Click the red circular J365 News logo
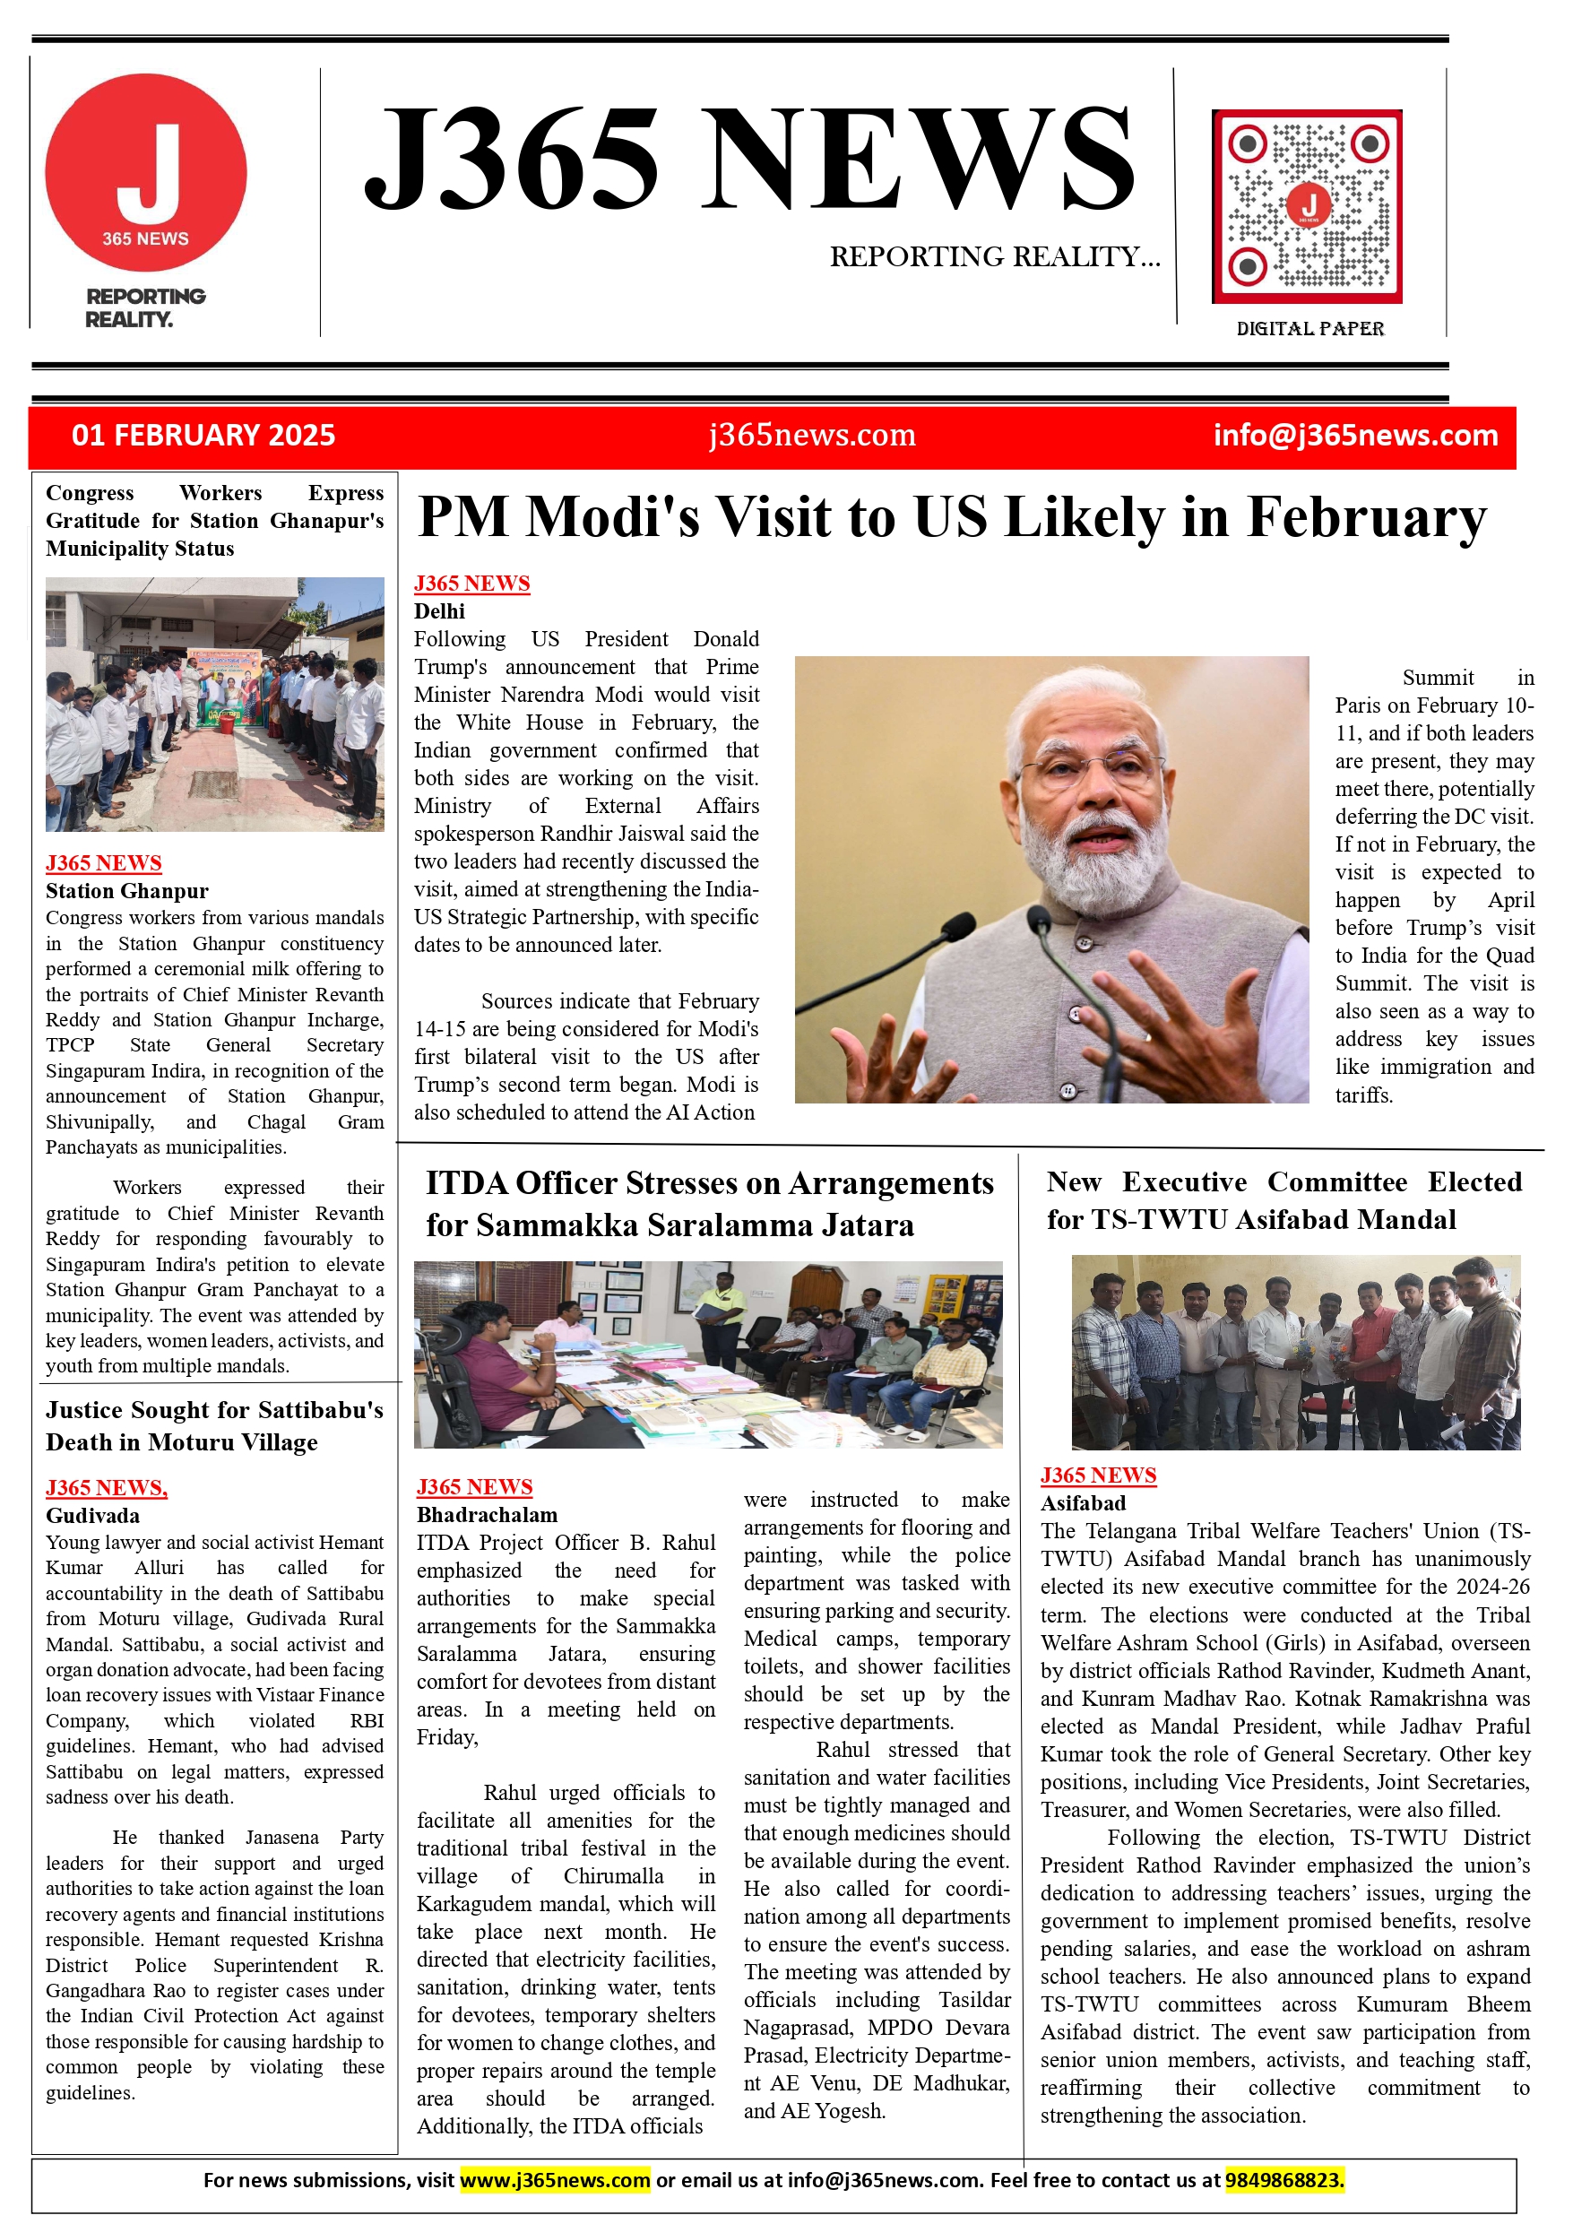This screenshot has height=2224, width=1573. coord(145,172)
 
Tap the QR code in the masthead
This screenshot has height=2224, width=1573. coord(1307,206)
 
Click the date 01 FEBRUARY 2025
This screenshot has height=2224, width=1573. coord(203,435)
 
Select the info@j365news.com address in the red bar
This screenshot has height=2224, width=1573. coord(1355,435)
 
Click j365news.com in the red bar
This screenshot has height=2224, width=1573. coord(812,435)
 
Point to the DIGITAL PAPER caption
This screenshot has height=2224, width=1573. coord(1309,328)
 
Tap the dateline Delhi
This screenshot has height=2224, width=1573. coord(440,611)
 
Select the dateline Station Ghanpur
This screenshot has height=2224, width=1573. coord(127,891)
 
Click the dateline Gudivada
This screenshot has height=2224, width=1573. coord(93,1516)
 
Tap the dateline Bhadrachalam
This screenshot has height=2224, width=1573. coord(488,1515)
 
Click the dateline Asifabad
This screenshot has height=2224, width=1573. coord(1083,1503)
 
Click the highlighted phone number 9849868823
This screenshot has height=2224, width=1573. coord(1284,2180)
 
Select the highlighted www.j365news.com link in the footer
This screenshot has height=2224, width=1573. coord(554,2180)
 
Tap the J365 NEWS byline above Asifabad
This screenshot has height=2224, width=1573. coord(1098,1475)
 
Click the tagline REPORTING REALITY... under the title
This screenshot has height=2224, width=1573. coord(994,256)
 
